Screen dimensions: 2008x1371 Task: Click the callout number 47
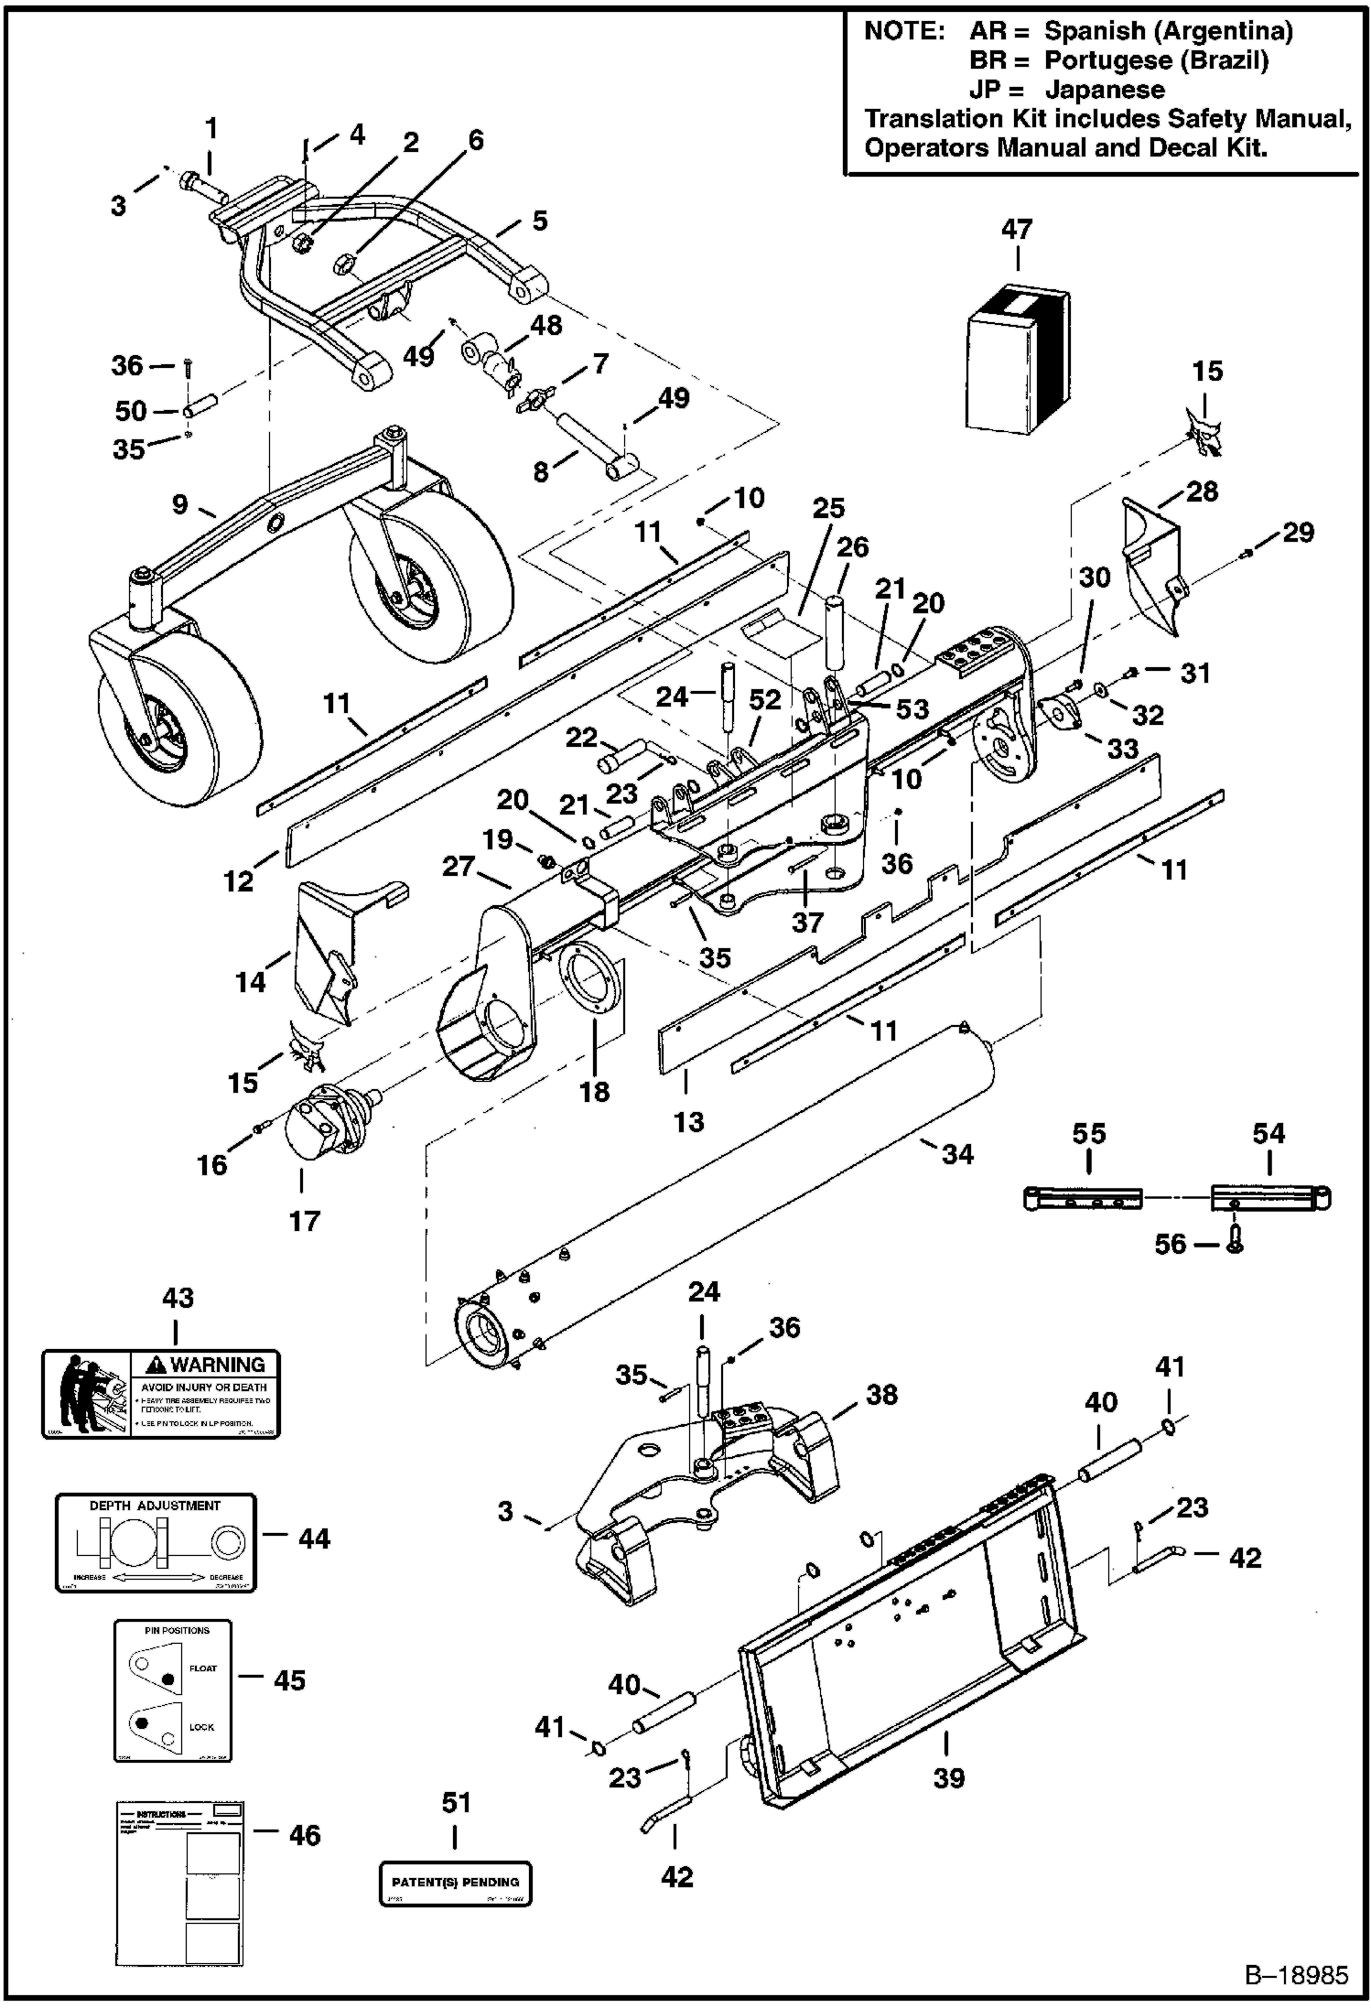click(x=1017, y=229)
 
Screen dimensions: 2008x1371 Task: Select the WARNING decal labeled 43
click(x=161, y=1394)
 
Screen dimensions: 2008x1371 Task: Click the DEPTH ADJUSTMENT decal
click(x=156, y=1542)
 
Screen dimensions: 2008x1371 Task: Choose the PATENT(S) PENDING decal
click(x=455, y=1883)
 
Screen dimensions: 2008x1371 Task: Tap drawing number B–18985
click(x=1296, y=1974)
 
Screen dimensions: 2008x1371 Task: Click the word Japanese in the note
click(x=1105, y=90)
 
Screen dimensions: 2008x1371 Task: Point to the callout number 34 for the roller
click(x=957, y=1154)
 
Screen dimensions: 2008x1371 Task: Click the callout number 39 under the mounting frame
click(x=949, y=1777)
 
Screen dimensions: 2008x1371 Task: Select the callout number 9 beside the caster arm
click(x=179, y=504)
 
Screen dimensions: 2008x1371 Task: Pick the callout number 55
click(x=1088, y=1134)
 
